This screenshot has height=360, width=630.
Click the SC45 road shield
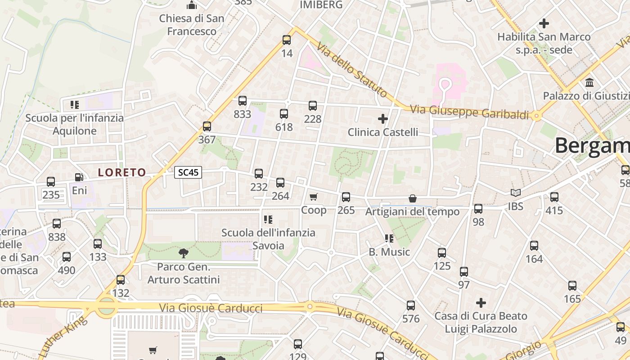click(188, 172)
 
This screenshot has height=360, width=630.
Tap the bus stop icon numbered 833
click(243, 101)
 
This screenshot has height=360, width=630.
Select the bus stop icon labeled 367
click(207, 126)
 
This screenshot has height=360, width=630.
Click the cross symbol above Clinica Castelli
click(383, 119)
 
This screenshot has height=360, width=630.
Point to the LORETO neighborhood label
click(122, 172)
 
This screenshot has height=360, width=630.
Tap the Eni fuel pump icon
click(79, 177)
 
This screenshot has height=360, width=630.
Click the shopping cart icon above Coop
click(314, 197)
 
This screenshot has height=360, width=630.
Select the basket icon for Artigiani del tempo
click(412, 198)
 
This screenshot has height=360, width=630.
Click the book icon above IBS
click(515, 193)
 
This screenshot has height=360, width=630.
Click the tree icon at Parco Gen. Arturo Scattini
click(183, 253)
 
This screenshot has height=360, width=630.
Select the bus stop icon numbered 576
click(411, 306)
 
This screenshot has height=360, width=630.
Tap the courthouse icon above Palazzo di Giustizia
click(589, 83)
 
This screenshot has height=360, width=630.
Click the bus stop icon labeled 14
click(287, 40)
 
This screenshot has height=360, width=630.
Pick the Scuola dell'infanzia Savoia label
click(268, 239)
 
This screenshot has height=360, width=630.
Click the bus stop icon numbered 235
click(51, 182)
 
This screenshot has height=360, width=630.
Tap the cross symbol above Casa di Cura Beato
click(481, 303)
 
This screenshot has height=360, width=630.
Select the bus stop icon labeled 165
click(572, 286)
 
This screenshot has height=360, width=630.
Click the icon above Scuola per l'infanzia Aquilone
click(75, 105)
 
